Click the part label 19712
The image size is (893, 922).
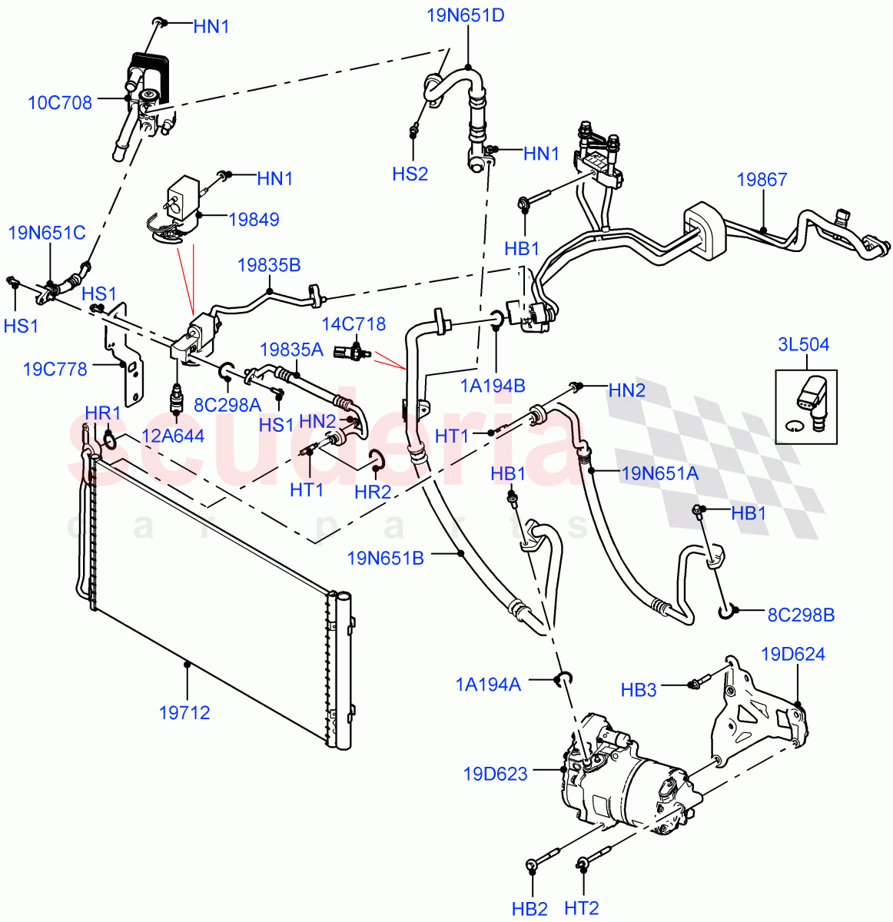184,713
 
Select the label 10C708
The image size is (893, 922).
60,102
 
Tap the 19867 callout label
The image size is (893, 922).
762,180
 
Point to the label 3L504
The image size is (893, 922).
803,344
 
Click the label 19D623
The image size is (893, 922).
496,773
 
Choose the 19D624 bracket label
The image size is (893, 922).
793,655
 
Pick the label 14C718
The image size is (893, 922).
354,324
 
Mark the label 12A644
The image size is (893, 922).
178,436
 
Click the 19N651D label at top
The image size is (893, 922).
466,15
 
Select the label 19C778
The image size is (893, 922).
55,369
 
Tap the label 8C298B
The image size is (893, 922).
801,615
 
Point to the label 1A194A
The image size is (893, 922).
488,684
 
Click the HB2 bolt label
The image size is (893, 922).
529,909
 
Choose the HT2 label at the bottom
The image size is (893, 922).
582,909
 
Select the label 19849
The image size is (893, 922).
254,220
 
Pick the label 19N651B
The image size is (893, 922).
385,558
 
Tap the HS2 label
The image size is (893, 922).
410,174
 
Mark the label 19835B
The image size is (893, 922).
269,266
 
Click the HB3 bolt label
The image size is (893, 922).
639,690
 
